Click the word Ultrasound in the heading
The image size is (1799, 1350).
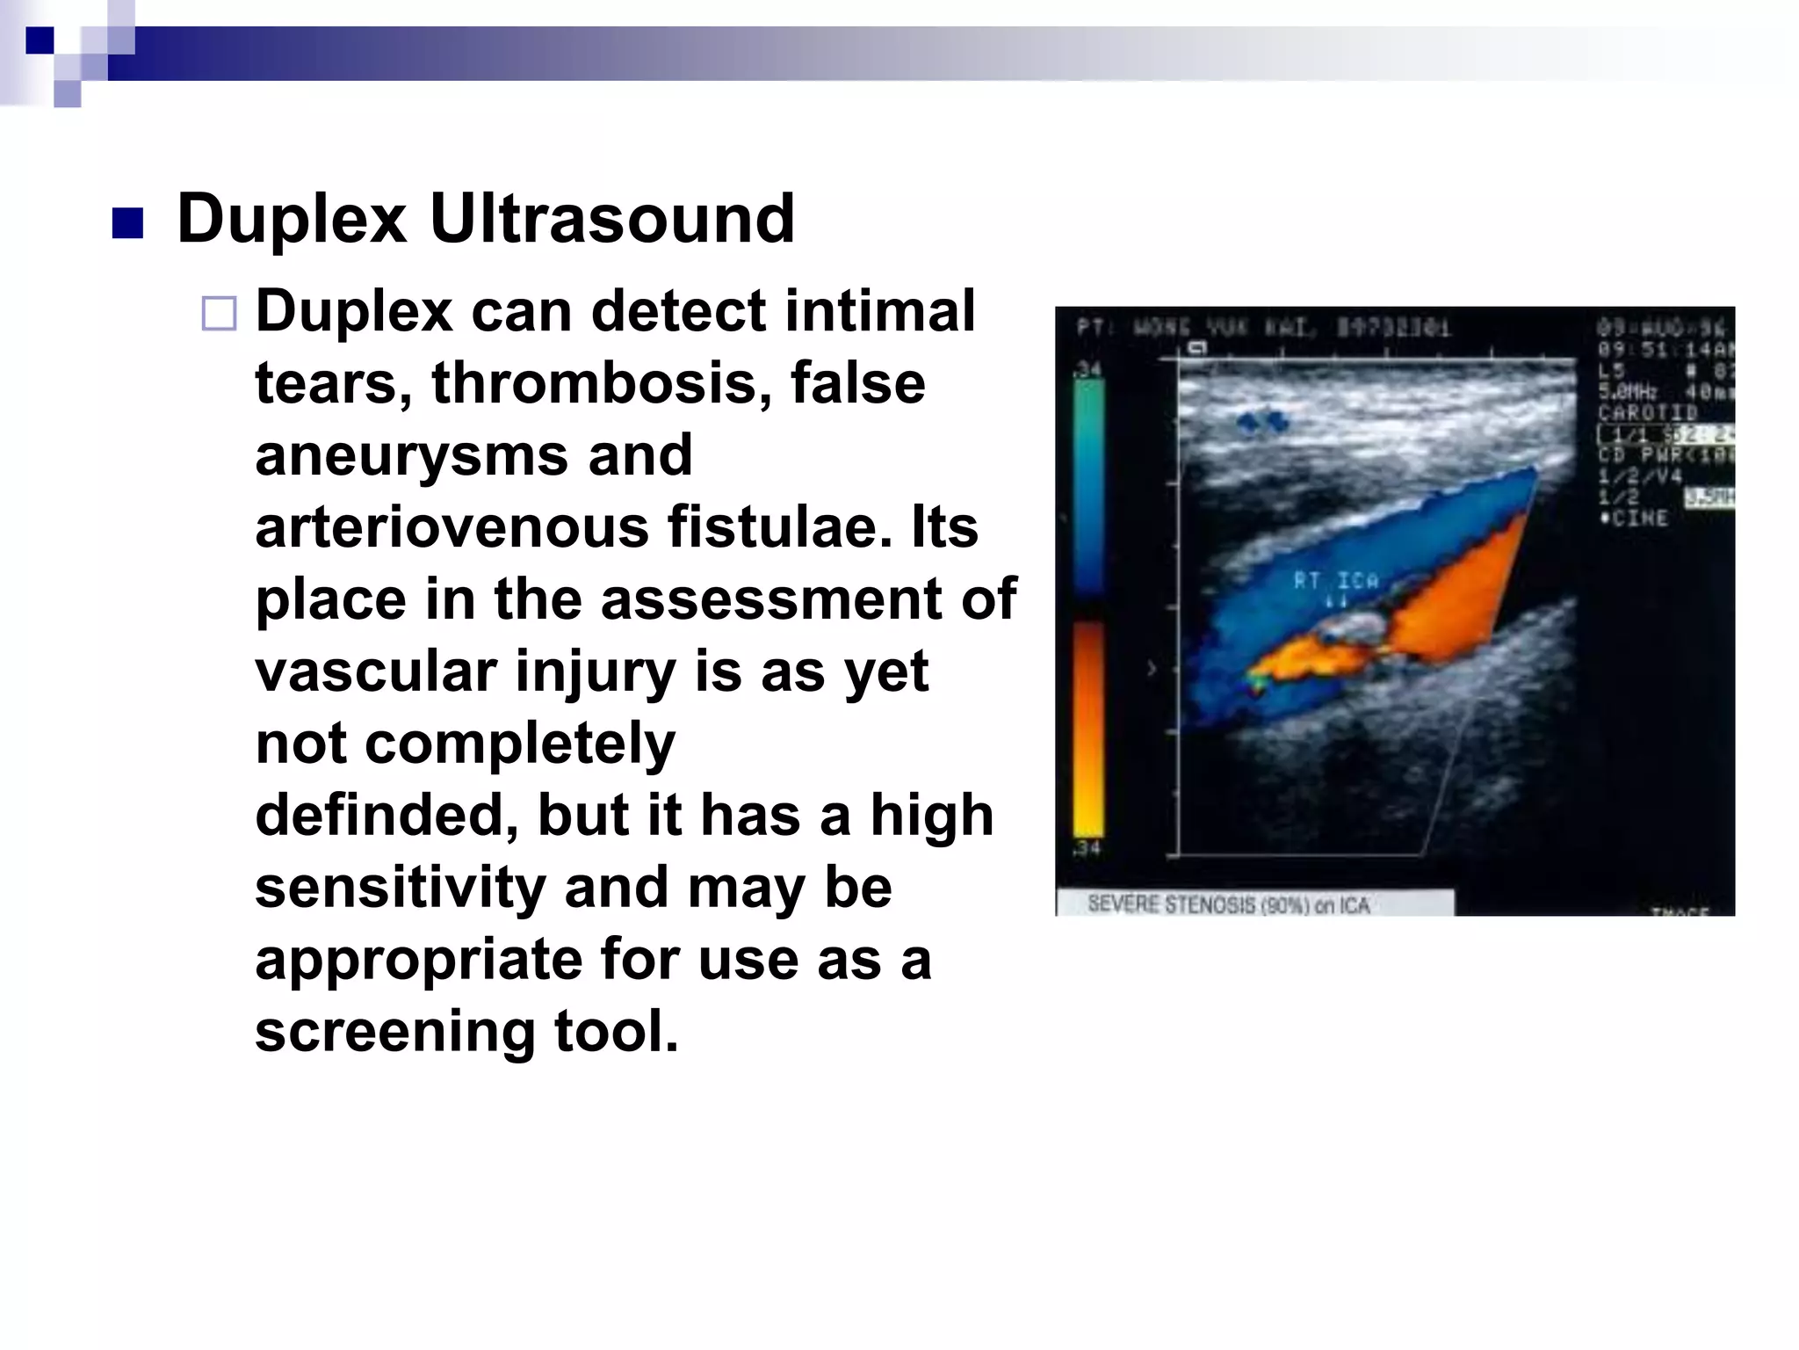click(x=612, y=219)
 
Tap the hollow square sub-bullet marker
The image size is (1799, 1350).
click(x=219, y=314)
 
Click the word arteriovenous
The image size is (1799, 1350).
click(x=452, y=527)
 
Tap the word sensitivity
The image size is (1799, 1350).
click(x=400, y=887)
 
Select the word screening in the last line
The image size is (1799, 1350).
click(x=394, y=1031)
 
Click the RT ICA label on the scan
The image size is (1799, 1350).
click(x=1335, y=580)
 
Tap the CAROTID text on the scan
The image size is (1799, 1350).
click(x=1648, y=412)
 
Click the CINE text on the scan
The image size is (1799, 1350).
click(x=1639, y=519)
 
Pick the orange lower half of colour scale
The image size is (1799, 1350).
click(x=1088, y=729)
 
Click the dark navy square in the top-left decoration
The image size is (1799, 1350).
click(x=40, y=40)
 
